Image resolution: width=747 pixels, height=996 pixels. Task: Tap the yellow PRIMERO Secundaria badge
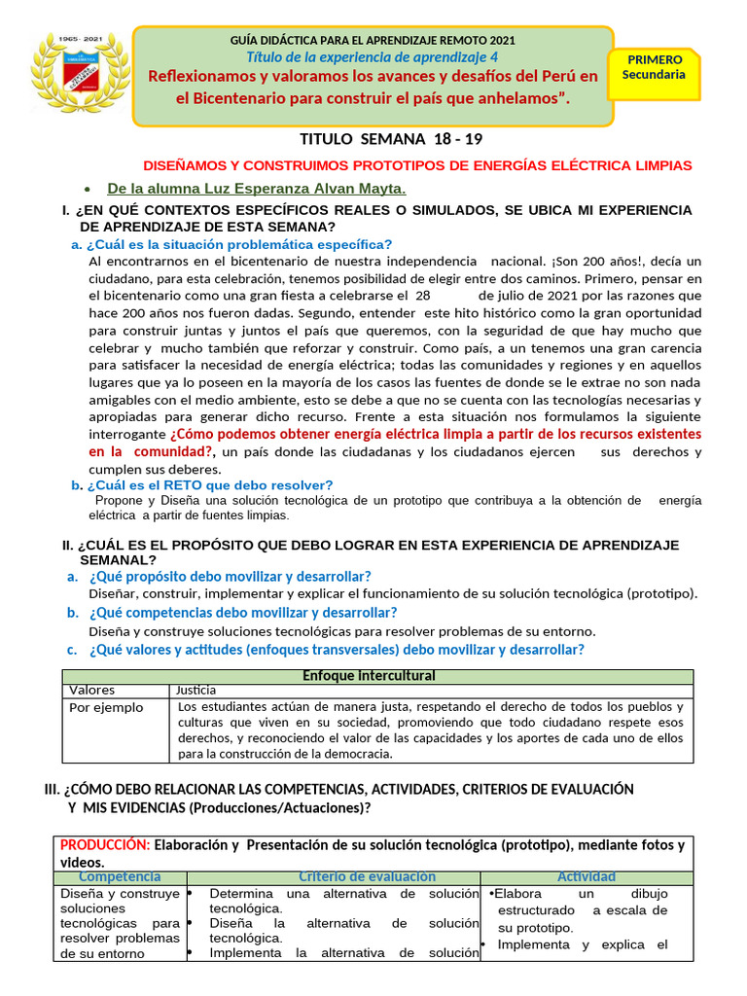click(x=654, y=68)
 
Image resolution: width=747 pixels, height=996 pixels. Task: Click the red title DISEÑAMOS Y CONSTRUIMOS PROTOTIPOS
click(x=417, y=166)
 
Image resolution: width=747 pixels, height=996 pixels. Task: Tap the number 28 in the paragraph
click(x=422, y=295)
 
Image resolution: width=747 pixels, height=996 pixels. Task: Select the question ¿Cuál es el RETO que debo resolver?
click(x=209, y=484)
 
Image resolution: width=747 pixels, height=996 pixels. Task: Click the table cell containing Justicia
click(x=196, y=691)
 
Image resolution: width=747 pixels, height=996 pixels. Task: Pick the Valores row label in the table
click(x=91, y=691)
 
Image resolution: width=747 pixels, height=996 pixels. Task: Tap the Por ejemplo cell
click(x=105, y=708)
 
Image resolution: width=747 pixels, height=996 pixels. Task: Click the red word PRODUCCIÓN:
click(x=105, y=845)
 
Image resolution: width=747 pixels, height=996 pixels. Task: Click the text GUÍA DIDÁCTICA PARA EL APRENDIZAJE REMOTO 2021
click(x=373, y=41)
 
